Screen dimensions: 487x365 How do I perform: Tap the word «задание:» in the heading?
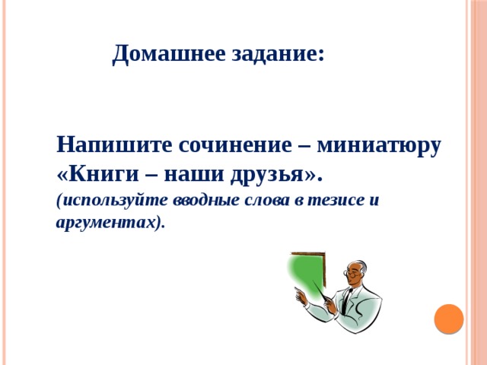coord(278,55)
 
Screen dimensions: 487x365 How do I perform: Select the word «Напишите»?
coord(114,144)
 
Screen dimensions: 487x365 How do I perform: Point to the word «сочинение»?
coord(235,145)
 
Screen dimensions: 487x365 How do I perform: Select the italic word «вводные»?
coord(206,201)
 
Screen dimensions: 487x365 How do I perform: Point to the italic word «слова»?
coord(266,201)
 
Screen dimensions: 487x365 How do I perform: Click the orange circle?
coord(449,319)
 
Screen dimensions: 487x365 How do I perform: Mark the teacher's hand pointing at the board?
coord(301,296)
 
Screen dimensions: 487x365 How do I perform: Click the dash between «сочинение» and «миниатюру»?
coord(304,146)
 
